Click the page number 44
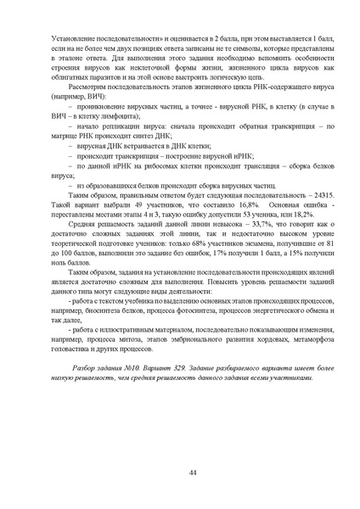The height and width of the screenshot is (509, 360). click(x=180, y=473)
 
